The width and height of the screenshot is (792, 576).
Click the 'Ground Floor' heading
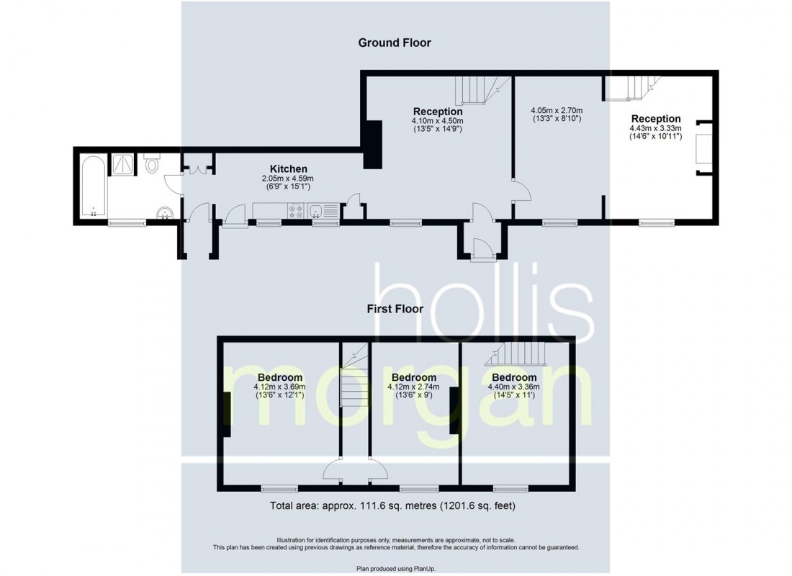[395, 42]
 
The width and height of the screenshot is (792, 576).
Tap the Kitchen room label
[288, 169]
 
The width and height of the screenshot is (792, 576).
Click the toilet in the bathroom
[152, 164]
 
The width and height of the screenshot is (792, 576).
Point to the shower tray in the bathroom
[122, 164]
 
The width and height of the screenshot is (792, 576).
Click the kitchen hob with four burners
[295, 211]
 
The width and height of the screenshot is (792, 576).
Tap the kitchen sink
[317, 211]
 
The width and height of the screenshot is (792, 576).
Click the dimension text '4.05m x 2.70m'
[555, 110]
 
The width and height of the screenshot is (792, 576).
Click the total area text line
[392, 505]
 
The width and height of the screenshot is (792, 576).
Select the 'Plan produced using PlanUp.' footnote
[395, 569]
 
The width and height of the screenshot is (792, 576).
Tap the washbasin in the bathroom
[165, 212]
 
